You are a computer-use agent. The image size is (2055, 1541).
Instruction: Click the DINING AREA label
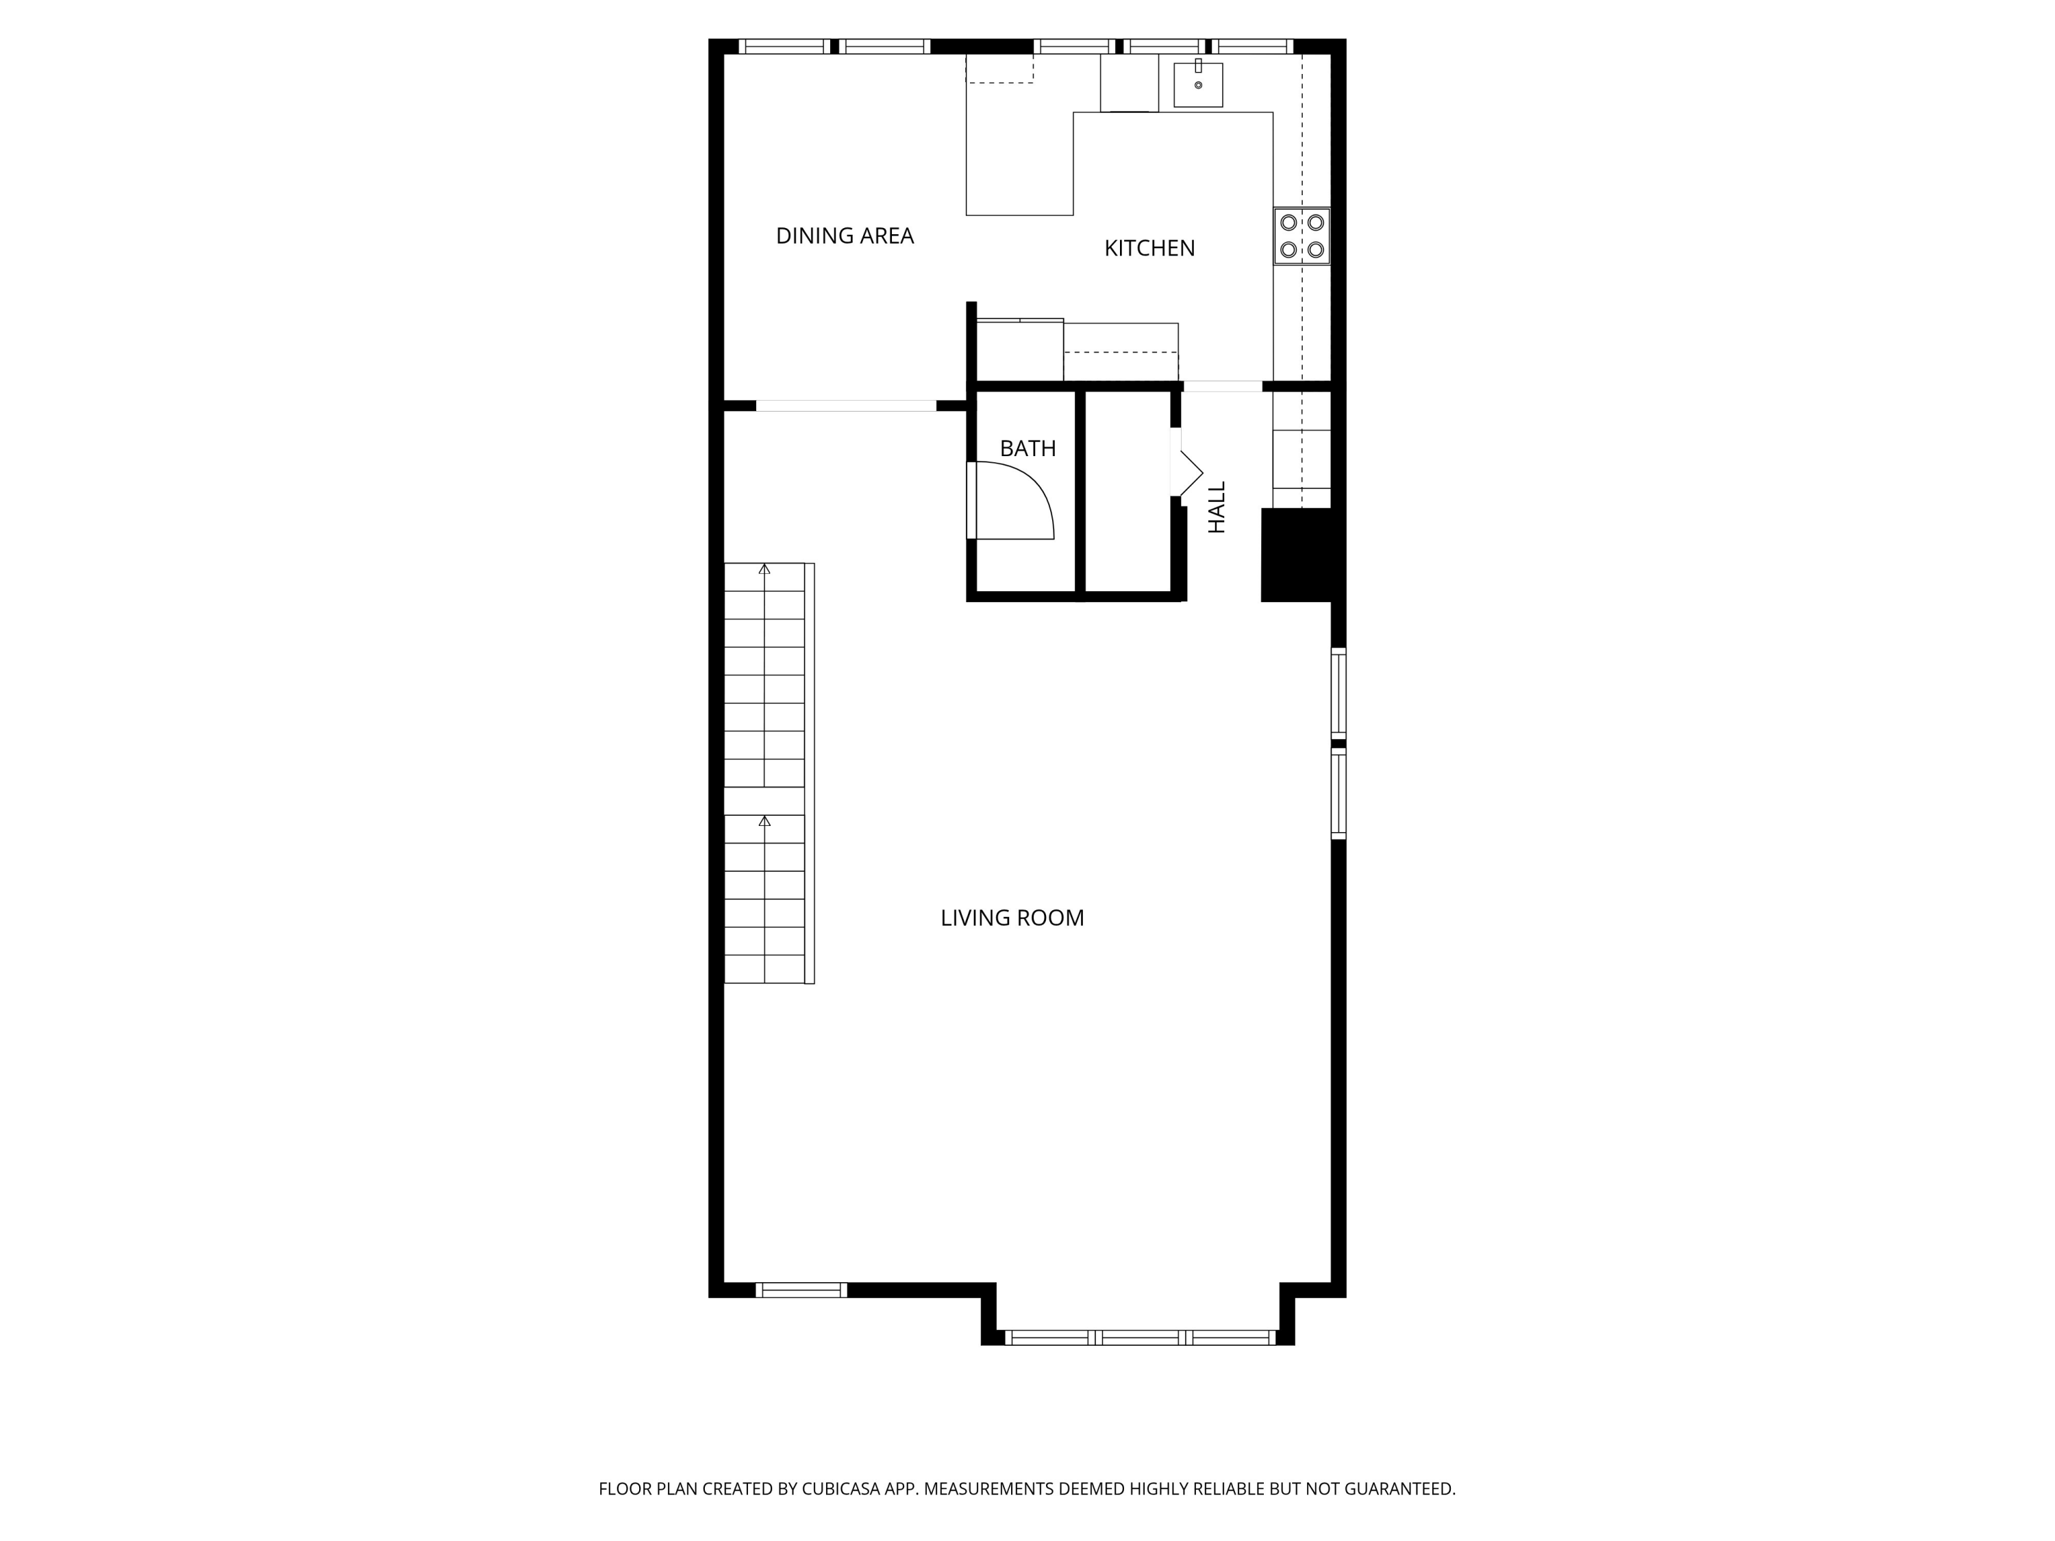pos(845,236)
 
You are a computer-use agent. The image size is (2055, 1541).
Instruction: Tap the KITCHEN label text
pos(1149,248)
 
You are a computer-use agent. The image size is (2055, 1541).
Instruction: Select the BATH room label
pos(1027,449)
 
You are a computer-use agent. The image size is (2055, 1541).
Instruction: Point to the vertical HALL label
pos(1217,508)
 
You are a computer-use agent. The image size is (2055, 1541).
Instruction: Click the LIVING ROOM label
pos(1012,918)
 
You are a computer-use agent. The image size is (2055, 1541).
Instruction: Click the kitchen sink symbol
pos(1197,84)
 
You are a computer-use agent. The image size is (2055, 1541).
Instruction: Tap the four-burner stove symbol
pos(1301,236)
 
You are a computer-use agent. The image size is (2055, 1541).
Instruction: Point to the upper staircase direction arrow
pos(764,569)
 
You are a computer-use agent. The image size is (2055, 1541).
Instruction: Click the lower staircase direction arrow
pos(764,822)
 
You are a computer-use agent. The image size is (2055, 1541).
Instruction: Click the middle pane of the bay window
pos(1140,1338)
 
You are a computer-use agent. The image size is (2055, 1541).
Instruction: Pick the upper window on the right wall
pos(1338,693)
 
